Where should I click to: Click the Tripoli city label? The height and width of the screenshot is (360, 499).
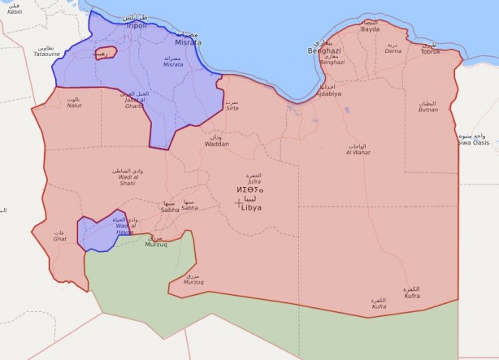(x=136, y=25)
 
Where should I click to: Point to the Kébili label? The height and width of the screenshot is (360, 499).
(x=15, y=13)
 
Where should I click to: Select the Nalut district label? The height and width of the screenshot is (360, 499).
(x=74, y=105)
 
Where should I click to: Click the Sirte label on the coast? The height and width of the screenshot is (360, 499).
(x=232, y=107)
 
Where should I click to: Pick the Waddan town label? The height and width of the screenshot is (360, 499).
(x=216, y=144)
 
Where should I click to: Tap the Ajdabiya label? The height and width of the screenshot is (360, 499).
(x=328, y=93)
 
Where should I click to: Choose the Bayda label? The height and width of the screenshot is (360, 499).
(x=370, y=29)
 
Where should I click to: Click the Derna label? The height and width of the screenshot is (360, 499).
(x=393, y=50)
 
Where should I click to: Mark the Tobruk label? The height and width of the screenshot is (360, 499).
(x=429, y=51)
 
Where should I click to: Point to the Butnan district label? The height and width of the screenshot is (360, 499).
(x=427, y=108)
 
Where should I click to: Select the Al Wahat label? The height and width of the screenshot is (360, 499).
(x=358, y=152)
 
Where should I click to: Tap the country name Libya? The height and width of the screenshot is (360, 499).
(x=252, y=207)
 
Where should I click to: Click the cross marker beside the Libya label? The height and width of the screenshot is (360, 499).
(x=238, y=203)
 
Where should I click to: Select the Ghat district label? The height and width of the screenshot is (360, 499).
(x=60, y=239)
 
